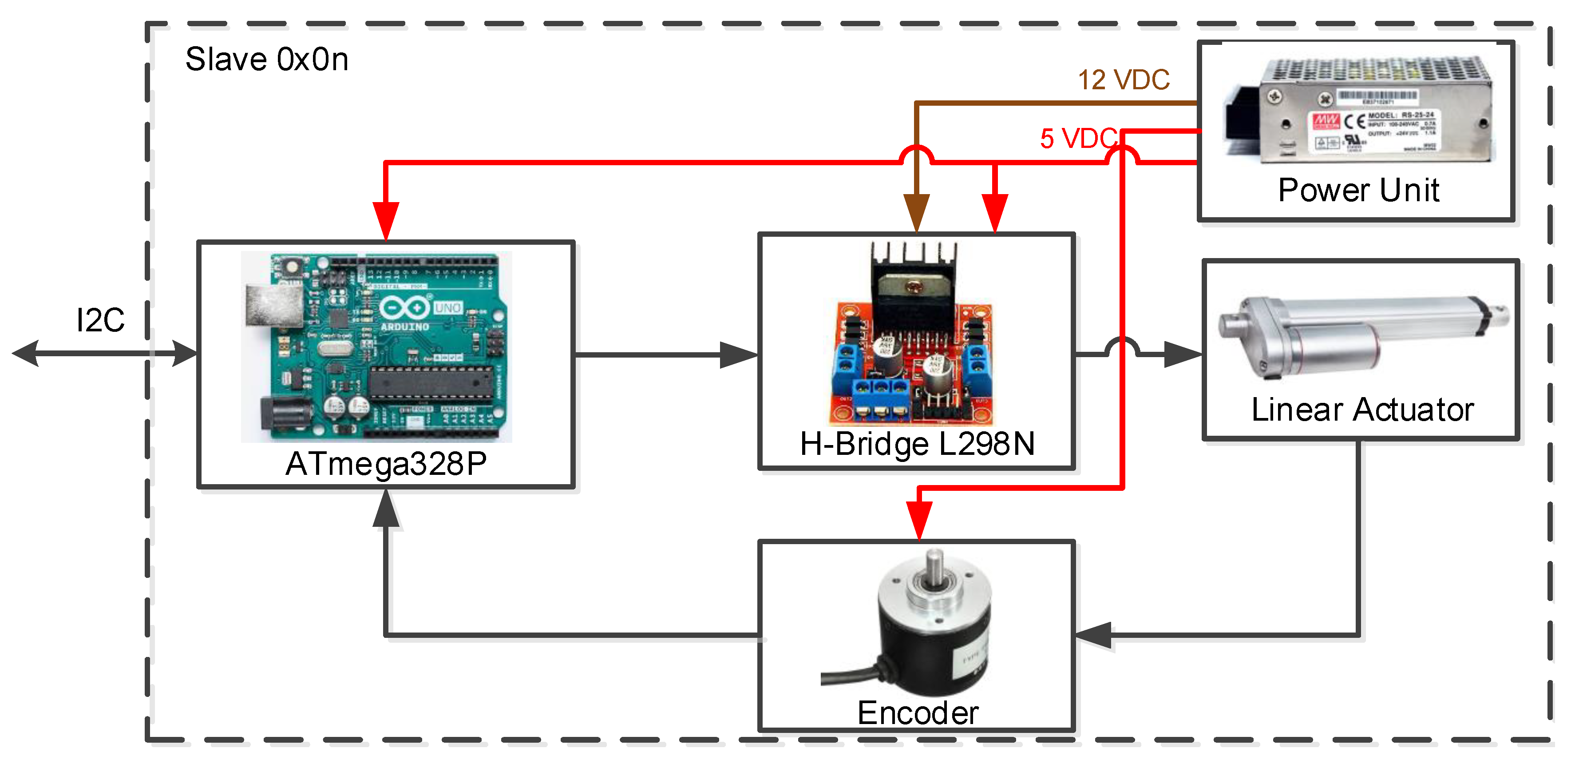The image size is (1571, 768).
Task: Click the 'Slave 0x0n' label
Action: point(266,60)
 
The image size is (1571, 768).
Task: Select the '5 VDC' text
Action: point(1077,139)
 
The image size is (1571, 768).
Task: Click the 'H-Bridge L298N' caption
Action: point(917,443)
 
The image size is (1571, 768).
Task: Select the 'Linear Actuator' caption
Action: point(1362,409)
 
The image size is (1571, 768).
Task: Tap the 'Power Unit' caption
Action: point(1358,190)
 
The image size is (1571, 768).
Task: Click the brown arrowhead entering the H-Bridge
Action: point(916,212)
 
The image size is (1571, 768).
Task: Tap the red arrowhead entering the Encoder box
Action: point(919,520)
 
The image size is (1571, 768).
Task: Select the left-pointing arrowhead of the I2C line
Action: point(26,353)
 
